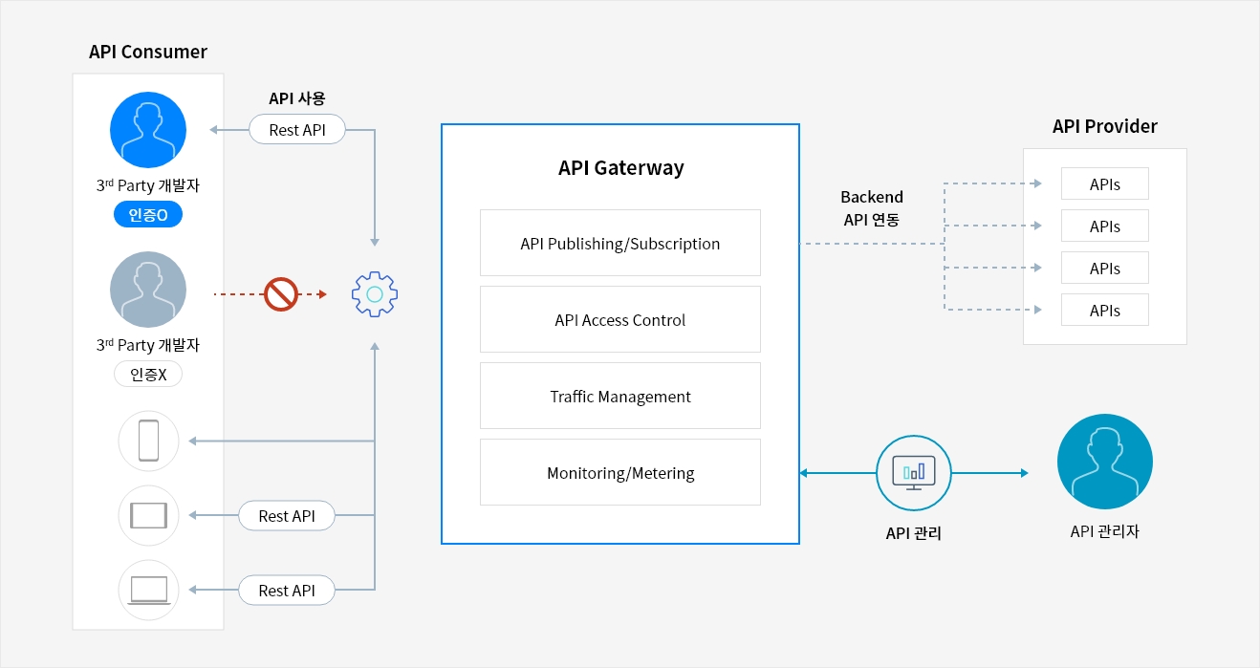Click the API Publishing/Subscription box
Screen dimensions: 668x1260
(620, 244)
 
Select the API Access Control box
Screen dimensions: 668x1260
(620, 320)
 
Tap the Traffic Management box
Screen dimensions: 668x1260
(620, 397)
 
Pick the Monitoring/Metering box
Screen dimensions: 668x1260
(620, 473)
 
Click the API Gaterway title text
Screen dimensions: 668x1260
(620, 168)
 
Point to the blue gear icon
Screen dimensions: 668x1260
(375, 294)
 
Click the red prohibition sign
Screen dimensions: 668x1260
(281, 294)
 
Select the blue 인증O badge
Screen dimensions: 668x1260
(148, 215)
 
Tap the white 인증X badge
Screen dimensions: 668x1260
(148, 374)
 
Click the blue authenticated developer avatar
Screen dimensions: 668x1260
(148, 130)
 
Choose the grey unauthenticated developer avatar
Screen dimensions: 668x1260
(148, 290)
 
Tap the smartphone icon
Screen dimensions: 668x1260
(148, 441)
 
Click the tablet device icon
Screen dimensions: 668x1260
(148, 515)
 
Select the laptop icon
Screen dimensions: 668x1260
(148, 590)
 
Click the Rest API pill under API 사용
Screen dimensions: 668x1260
(296, 130)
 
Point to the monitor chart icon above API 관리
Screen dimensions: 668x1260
(914, 473)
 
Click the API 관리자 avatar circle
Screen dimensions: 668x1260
(1104, 462)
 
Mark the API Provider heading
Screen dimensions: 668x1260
(1104, 126)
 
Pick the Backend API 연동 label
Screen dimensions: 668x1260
(871, 208)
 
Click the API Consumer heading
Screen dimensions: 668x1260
(148, 52)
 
